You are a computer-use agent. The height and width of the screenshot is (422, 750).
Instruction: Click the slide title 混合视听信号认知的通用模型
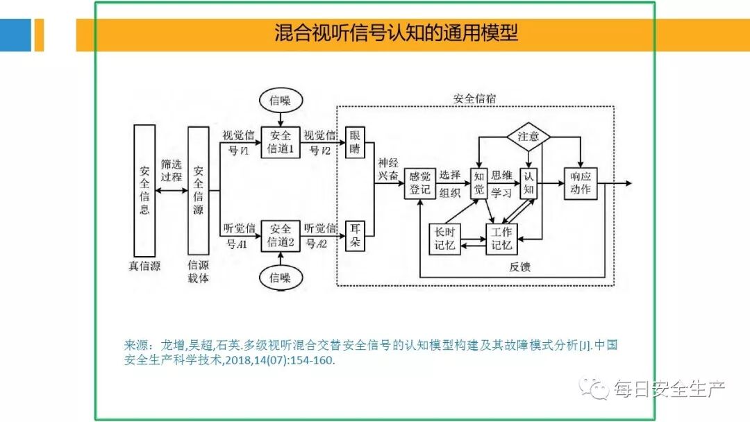coord(396,33)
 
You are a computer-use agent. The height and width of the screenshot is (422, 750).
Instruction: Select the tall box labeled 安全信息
coord(144,189)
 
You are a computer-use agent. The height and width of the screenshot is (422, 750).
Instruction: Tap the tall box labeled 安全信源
coord(198,189)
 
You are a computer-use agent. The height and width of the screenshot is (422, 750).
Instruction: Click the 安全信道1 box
coord(281,142)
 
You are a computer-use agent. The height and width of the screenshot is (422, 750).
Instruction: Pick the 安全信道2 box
coord(281,235)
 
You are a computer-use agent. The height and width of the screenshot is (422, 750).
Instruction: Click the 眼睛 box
coord(355,142)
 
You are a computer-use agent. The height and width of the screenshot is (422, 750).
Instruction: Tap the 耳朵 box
coord(355,235)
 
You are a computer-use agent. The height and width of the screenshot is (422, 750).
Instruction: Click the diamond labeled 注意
coord(528,136)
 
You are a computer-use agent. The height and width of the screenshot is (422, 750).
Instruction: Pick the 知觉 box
coord(479,184)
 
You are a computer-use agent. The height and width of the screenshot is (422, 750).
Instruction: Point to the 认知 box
coord(529,184)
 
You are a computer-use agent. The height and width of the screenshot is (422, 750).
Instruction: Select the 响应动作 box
coord(580,184)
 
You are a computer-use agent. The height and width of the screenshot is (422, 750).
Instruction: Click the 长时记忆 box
coord(445,238)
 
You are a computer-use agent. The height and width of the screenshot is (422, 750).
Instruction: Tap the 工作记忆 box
coord(501,238)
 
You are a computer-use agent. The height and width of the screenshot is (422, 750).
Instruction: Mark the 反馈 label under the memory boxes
coord(519,266)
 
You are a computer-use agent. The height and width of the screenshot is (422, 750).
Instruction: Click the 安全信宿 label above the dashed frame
coord(475,98)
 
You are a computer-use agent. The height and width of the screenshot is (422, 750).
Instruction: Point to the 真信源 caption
coord(144,266)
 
